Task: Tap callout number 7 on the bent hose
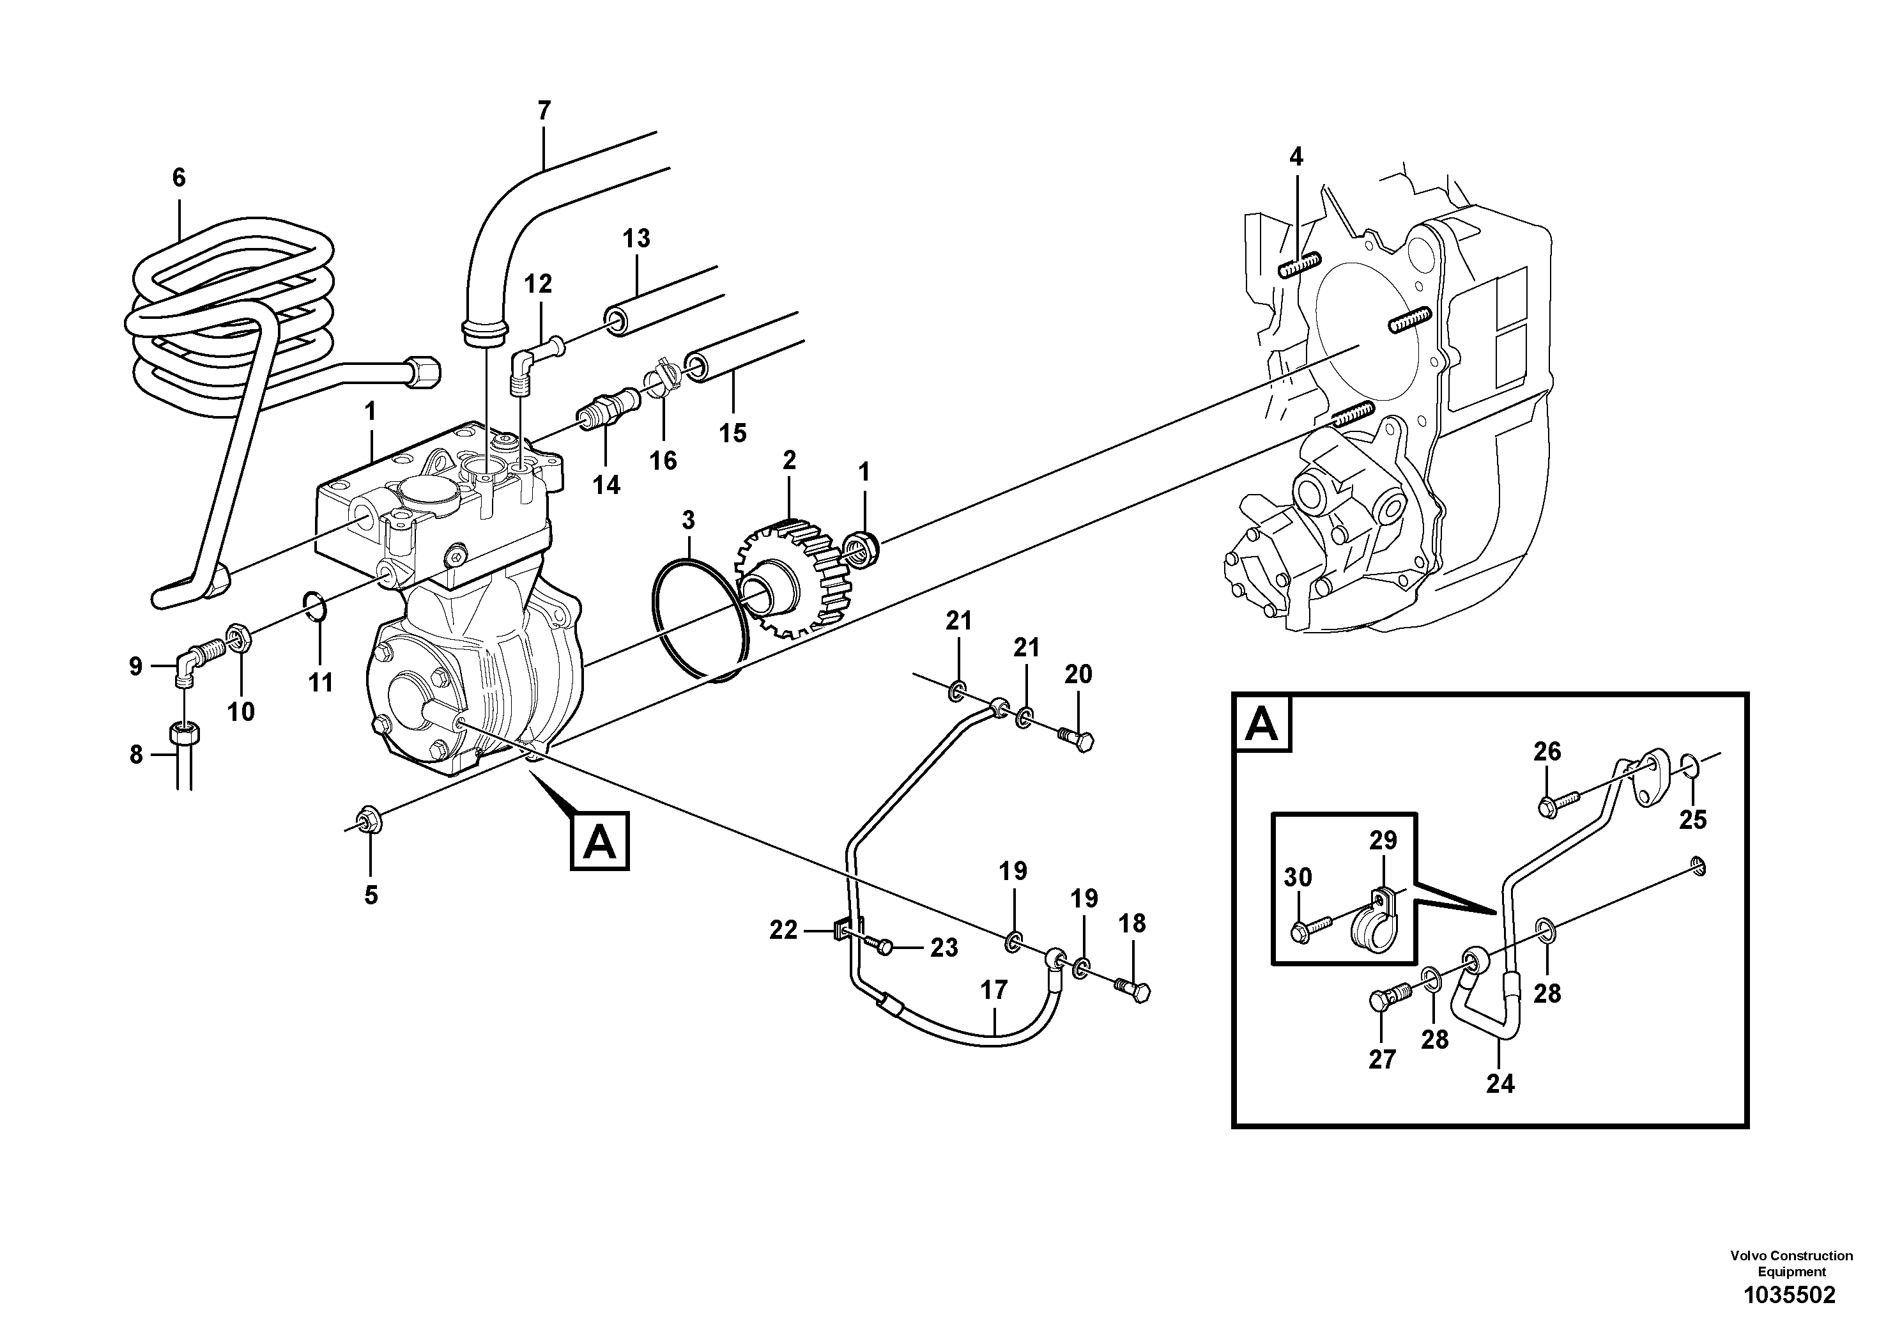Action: point(544,110)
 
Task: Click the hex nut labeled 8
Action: point(184,732)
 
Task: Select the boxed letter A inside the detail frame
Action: point(1262,723)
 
